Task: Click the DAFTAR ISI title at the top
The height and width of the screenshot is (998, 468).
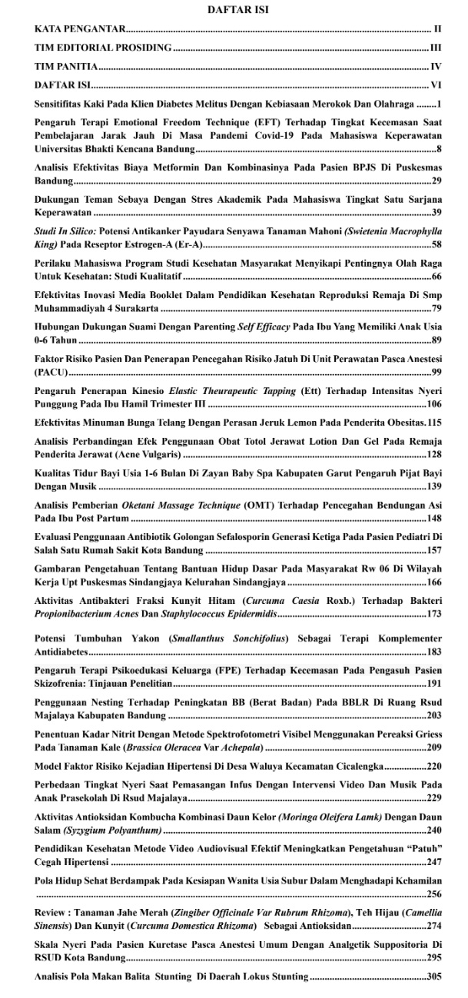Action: [x=234, y=11]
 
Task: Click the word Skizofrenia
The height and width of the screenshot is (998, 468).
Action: [x=64, y=705]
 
